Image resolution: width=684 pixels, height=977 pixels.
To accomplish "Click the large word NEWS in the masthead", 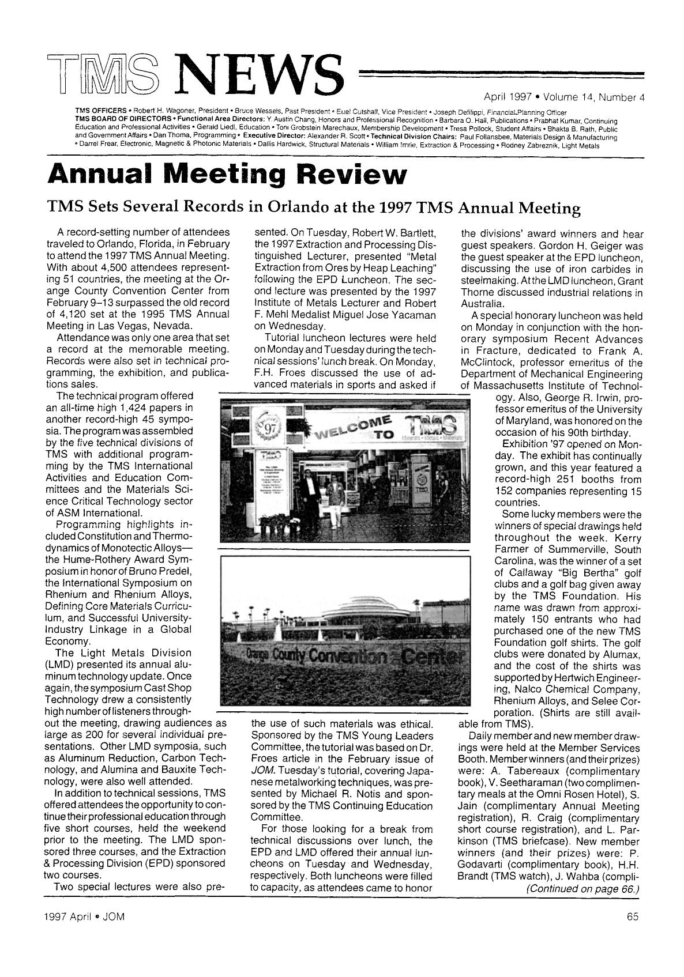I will [259, 76].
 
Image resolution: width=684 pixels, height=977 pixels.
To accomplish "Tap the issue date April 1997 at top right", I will [509, 97].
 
